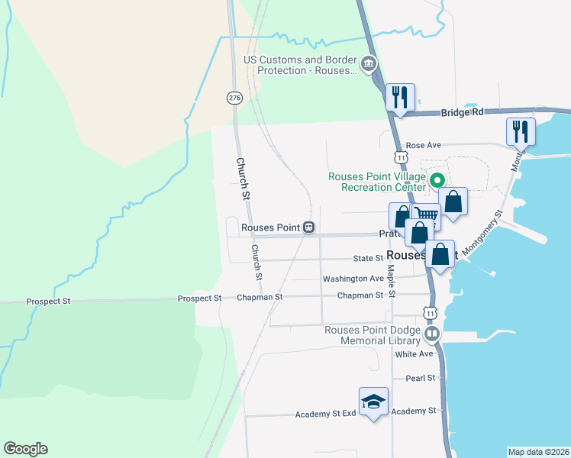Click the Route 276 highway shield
coord(234,98)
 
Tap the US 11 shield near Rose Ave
coord(401,156)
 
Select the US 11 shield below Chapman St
coord(431,314)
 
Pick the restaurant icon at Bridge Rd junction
coord(400,98)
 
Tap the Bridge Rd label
coord(462,112)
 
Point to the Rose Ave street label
coord(424,145)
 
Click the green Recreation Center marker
coord(437,182)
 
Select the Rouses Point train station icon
coord(308,227)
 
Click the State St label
coord(367,260)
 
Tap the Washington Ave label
coord(353,279)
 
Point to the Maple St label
coord(391,282)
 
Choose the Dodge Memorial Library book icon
coord(432,335)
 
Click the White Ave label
coord(414,354)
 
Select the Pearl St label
coord(420,378)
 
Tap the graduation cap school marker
coord(373,402)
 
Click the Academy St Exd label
coord(326,414)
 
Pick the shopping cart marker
coord(426,216)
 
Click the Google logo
coord(25,449)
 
